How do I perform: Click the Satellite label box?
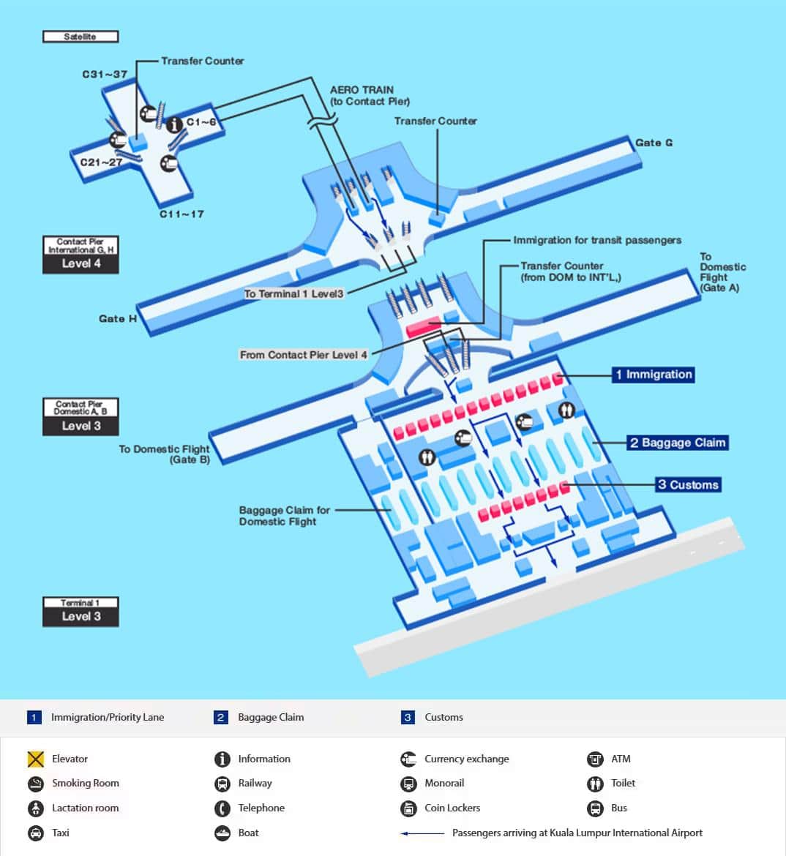81,37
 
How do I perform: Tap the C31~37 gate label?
105,75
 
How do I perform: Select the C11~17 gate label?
181,214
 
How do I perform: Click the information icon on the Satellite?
174,125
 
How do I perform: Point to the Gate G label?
654,143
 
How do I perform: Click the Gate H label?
118,319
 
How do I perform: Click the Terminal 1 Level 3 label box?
81,612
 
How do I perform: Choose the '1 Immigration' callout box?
653,375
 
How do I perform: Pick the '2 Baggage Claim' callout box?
677,443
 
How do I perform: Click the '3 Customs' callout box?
687,484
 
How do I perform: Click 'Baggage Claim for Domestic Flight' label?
284,516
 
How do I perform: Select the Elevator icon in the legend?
36,759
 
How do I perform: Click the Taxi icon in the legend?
36,833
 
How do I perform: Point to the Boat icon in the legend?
222,833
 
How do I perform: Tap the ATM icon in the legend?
595,759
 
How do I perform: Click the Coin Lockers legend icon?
408,808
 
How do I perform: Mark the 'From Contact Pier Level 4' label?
304,355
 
